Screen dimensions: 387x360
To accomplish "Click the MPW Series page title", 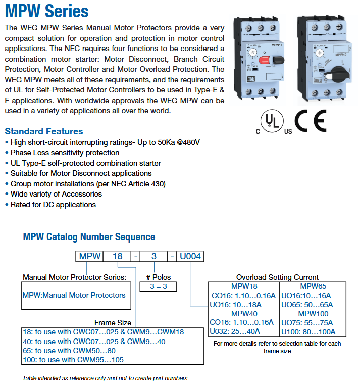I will click(46, 11).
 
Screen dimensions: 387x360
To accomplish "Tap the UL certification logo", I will click(273, 122).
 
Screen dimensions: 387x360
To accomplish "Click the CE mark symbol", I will click(311, 121).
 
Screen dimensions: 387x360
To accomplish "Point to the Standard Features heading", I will click(44, 131).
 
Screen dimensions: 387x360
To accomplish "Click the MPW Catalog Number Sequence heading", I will click(89, 237).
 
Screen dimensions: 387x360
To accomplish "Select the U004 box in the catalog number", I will click(190, 256).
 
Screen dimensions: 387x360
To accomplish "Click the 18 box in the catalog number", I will click(117, 256).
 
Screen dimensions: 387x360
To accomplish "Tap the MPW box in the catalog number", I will click(90, 256).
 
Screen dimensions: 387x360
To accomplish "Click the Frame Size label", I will click(113, 323).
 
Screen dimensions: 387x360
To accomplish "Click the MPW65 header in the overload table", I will click(313, 286).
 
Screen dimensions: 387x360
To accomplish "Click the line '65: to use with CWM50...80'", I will click(68, 351).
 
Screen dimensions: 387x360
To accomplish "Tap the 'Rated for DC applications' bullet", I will click(53, 205).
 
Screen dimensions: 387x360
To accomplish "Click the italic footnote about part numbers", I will click(105, 378).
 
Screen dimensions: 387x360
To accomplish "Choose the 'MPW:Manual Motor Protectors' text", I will click(74, 295).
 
